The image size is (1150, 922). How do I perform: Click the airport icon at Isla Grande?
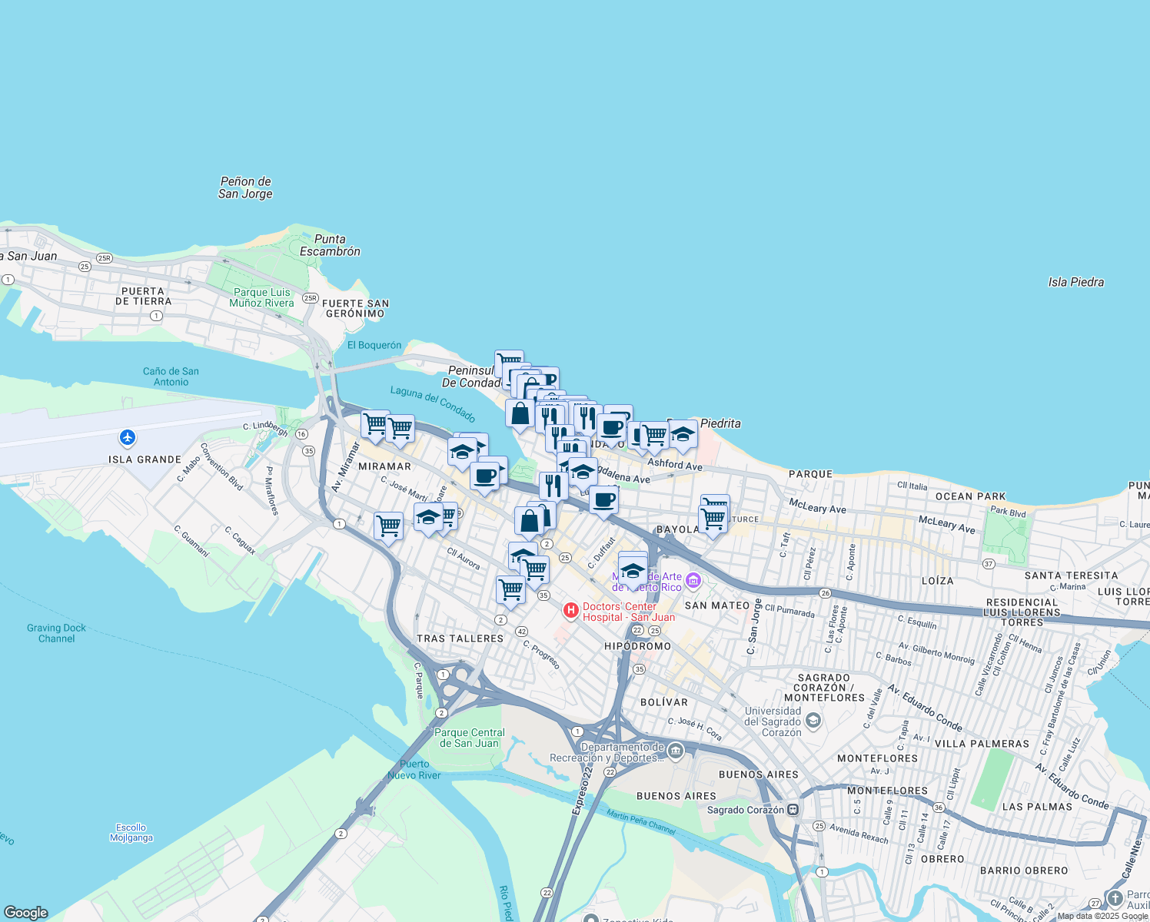point(128,438)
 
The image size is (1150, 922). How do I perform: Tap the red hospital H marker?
point(570,611)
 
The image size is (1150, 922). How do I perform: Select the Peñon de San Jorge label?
point(245,187)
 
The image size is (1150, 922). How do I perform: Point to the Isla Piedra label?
point(1075,282)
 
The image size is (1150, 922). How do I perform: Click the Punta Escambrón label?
point(330,245)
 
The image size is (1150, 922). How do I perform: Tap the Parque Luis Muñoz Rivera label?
point(262,297)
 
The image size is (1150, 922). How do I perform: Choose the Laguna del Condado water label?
point(433,404)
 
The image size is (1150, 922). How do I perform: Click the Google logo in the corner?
point(26,913)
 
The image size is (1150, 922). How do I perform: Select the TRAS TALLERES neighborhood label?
point(460,638)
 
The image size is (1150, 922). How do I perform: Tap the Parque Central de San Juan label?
point(470,738)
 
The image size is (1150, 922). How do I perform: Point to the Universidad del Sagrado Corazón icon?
point(813,721)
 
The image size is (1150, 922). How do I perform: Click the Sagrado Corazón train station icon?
point(793,810)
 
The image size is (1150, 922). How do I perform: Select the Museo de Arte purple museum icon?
point(693,581)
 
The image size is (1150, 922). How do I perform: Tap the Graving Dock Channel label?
point(56,633)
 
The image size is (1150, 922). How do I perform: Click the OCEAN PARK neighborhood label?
point(971,496)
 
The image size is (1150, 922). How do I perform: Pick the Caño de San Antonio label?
point(171,376)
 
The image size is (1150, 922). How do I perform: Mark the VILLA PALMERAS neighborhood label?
point(982,744)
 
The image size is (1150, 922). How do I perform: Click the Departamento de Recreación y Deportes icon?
point(676,751)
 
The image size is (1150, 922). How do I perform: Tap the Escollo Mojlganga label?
point(131,833)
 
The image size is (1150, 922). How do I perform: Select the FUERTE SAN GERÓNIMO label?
point(355,308)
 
